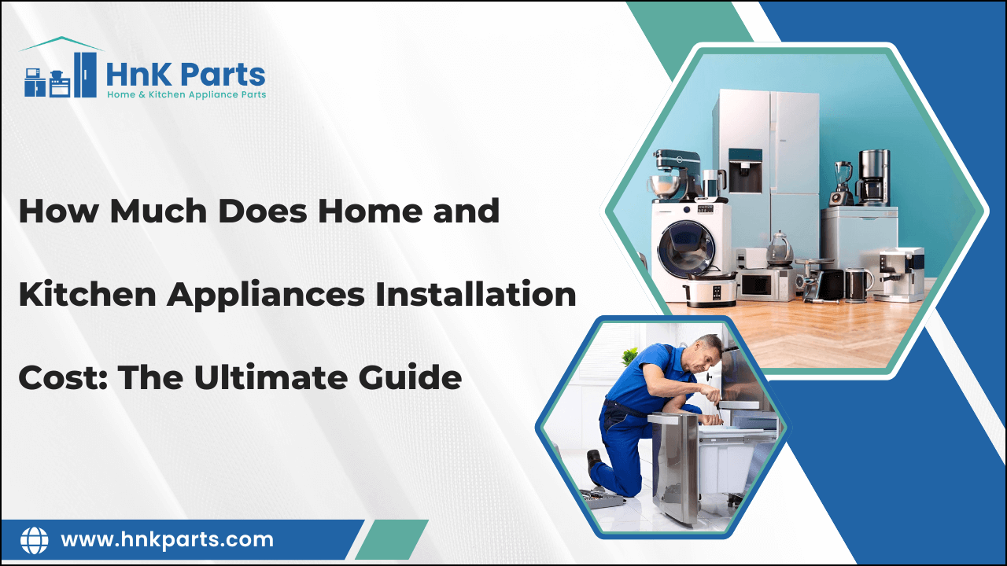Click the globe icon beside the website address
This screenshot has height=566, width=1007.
click(34, 540)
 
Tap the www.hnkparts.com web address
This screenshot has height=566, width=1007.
click(167, 540)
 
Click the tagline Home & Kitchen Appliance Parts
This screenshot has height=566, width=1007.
click(186, 94)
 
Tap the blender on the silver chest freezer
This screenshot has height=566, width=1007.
click(841, 183)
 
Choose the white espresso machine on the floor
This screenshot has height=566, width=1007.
click(897, 273)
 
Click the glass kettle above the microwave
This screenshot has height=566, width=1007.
click(778, 248)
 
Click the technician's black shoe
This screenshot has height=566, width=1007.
click(593, 463)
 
